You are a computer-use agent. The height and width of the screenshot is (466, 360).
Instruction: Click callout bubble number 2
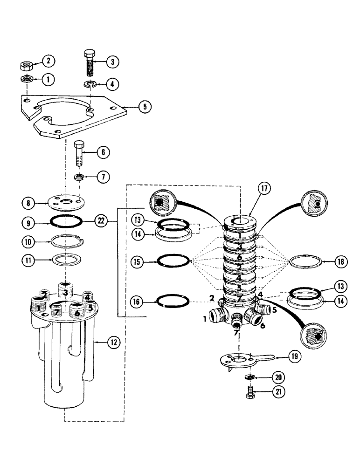pos(48,60)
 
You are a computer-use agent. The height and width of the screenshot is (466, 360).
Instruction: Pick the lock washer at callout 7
pos(80,177)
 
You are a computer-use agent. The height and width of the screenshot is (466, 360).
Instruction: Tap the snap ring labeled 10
pos(67,241)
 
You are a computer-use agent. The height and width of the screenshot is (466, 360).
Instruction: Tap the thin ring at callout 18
pos(305,262)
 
